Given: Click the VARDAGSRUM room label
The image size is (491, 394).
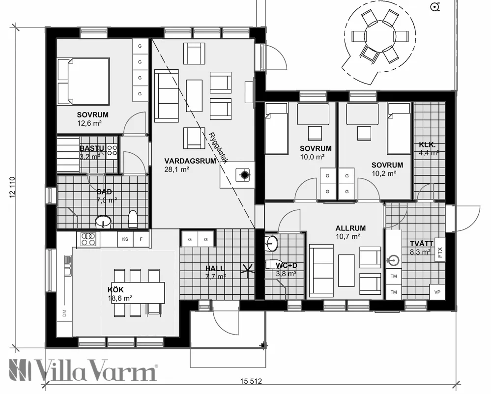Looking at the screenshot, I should pyautogui.click(x=190, y=160).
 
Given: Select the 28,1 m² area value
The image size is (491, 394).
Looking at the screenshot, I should pyautogui.click(x=176, y=169).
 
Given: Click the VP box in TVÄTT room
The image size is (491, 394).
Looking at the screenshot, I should pyautogui.click(x=437, y=292).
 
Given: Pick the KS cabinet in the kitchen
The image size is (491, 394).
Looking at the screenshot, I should pyautogui.click(x=125, y=239).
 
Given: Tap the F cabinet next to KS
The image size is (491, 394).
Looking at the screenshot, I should pyautogui.click(x=142, y=239).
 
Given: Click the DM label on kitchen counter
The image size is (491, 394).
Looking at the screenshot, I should pyautogui.click(x=64, y=313).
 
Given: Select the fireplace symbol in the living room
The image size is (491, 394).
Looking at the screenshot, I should pyautogui.click(x=244, y=174).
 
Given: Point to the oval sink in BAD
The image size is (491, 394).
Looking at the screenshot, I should pyautogui.click(x=103, y=222).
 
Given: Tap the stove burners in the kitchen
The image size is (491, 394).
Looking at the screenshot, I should pyautogui.click(x=88, y=239).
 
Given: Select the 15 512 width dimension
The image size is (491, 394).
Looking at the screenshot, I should pyautogui.click(x=251, y=381).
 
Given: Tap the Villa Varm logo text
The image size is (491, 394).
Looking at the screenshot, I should pyautogui.click(x=84, y=370).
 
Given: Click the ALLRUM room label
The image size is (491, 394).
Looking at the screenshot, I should pyautogui.click(x=350, y=228).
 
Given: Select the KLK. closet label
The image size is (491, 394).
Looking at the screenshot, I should pyautogui.click(x=426, y=144).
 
